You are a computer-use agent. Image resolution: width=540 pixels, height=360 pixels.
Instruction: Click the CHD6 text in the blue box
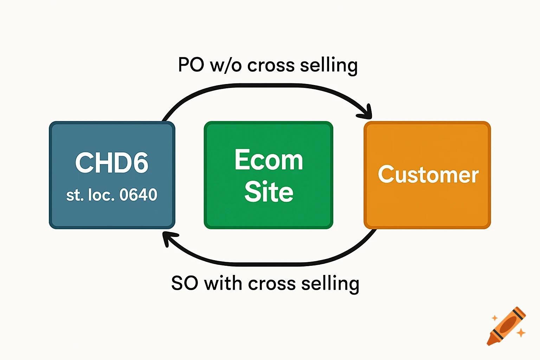pyautogui.click(x=112, y=163)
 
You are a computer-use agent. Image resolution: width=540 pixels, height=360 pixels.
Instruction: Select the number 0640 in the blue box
pyautogui.click(x=138, y=195)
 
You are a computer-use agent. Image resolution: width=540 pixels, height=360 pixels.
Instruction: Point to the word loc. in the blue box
pyautogui.click(x=101, y=195)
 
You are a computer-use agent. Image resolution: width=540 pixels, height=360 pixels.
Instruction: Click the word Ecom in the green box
pyautogui.click(x=269, y=160)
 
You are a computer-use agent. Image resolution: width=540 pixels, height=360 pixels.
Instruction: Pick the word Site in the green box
pyautogui.click(x=269, y=192)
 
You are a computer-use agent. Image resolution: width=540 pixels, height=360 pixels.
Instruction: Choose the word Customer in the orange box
pyautogui.click(x=428, y=175)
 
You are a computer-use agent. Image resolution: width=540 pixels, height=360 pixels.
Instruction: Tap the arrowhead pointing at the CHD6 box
pyautogui.click(x=167, y=239)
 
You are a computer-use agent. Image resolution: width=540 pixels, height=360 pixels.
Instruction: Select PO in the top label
pyautogui.click(x=191, y=65)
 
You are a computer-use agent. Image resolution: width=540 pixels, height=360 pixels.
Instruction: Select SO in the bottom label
pyautogui.click(x=184, y=283)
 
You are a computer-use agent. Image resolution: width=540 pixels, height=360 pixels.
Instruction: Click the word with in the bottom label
pyautogui.click(x=223, y=283)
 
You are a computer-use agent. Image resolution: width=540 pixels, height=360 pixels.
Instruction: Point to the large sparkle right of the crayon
pyautogui.click(x=521, y=332)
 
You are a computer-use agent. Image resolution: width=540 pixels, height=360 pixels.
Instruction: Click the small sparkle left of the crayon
pyautogui.click(x=494, y=318)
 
